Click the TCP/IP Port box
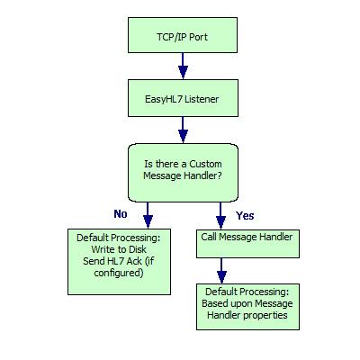point(183,35)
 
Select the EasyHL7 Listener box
point(183,98)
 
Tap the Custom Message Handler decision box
point(183,173)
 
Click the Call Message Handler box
point(247,244)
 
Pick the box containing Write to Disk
point(119,262)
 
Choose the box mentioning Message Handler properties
point(247,307)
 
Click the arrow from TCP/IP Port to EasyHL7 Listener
point(183,67)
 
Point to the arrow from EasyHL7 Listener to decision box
point(183,130)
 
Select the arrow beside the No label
point(148,215)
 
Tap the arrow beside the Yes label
point(220,216)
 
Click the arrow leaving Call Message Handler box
point(221,271)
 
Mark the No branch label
point(121,214)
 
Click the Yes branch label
point(245,215)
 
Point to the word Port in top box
point(198,37)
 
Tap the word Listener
point(202,99)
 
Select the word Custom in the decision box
point(205,164)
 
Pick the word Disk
point(138,249)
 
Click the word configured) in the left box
point(119,273)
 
